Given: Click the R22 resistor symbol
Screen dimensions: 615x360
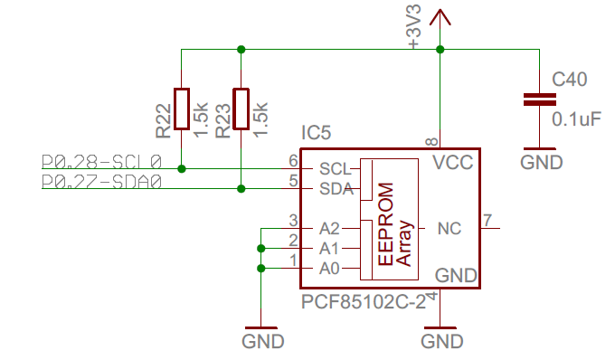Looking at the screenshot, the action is pos(182,109).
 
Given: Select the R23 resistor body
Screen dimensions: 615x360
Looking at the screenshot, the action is pos(241,109).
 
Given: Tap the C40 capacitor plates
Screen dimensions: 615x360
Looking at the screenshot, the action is pos(540,99).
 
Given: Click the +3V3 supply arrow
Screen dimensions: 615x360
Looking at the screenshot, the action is pos(440,18).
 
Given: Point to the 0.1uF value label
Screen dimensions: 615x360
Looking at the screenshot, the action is pos(577,118).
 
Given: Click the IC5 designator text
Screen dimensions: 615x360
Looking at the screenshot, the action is pos(317,133).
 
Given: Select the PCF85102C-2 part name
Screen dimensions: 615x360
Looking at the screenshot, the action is pos(364,301).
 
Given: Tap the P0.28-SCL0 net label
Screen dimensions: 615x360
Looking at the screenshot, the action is pos(101,161).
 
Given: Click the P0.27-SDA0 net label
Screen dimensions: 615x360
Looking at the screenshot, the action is pos(101,182).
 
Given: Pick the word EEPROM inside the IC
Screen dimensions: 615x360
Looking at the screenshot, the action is pos(385,224).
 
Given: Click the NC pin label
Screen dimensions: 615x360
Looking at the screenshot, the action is pos(449,228).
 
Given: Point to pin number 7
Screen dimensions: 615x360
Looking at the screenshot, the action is pos(487,221).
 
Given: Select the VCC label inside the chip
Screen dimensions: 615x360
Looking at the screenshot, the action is pos(453,162).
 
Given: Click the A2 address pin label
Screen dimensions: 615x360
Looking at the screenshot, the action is pos(329,228).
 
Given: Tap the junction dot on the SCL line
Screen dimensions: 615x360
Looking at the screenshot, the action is pos(182,168).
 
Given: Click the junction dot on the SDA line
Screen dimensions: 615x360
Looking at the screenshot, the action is pos(241,189).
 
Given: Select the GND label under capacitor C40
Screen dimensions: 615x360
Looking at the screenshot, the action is pos(542,162).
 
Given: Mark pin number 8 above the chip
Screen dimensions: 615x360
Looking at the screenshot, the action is pos(431,141).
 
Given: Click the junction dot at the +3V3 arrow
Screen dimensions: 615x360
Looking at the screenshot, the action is pos(440,50).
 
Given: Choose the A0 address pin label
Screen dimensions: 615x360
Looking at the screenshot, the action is pos(329,269).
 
